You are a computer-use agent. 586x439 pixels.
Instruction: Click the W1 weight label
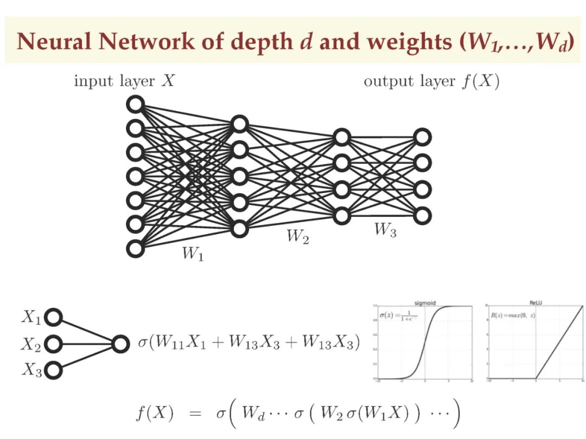193,254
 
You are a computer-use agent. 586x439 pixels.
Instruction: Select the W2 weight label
297,237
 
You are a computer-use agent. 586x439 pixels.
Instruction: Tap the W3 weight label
385,230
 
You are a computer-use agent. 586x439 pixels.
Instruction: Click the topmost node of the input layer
135,104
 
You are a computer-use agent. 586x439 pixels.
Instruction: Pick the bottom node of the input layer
135,248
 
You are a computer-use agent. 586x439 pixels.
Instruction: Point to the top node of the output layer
422,137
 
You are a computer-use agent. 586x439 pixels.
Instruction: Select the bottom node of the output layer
422,216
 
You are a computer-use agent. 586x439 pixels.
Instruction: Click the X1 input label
31,318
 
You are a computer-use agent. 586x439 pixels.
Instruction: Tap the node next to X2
53,344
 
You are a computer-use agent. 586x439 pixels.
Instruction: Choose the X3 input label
31,370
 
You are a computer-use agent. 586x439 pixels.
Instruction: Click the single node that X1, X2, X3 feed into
120,344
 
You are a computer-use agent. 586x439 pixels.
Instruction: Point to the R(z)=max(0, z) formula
513,315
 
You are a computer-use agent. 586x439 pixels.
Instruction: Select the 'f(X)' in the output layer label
480,82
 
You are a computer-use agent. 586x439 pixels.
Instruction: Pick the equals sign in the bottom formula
194,415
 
